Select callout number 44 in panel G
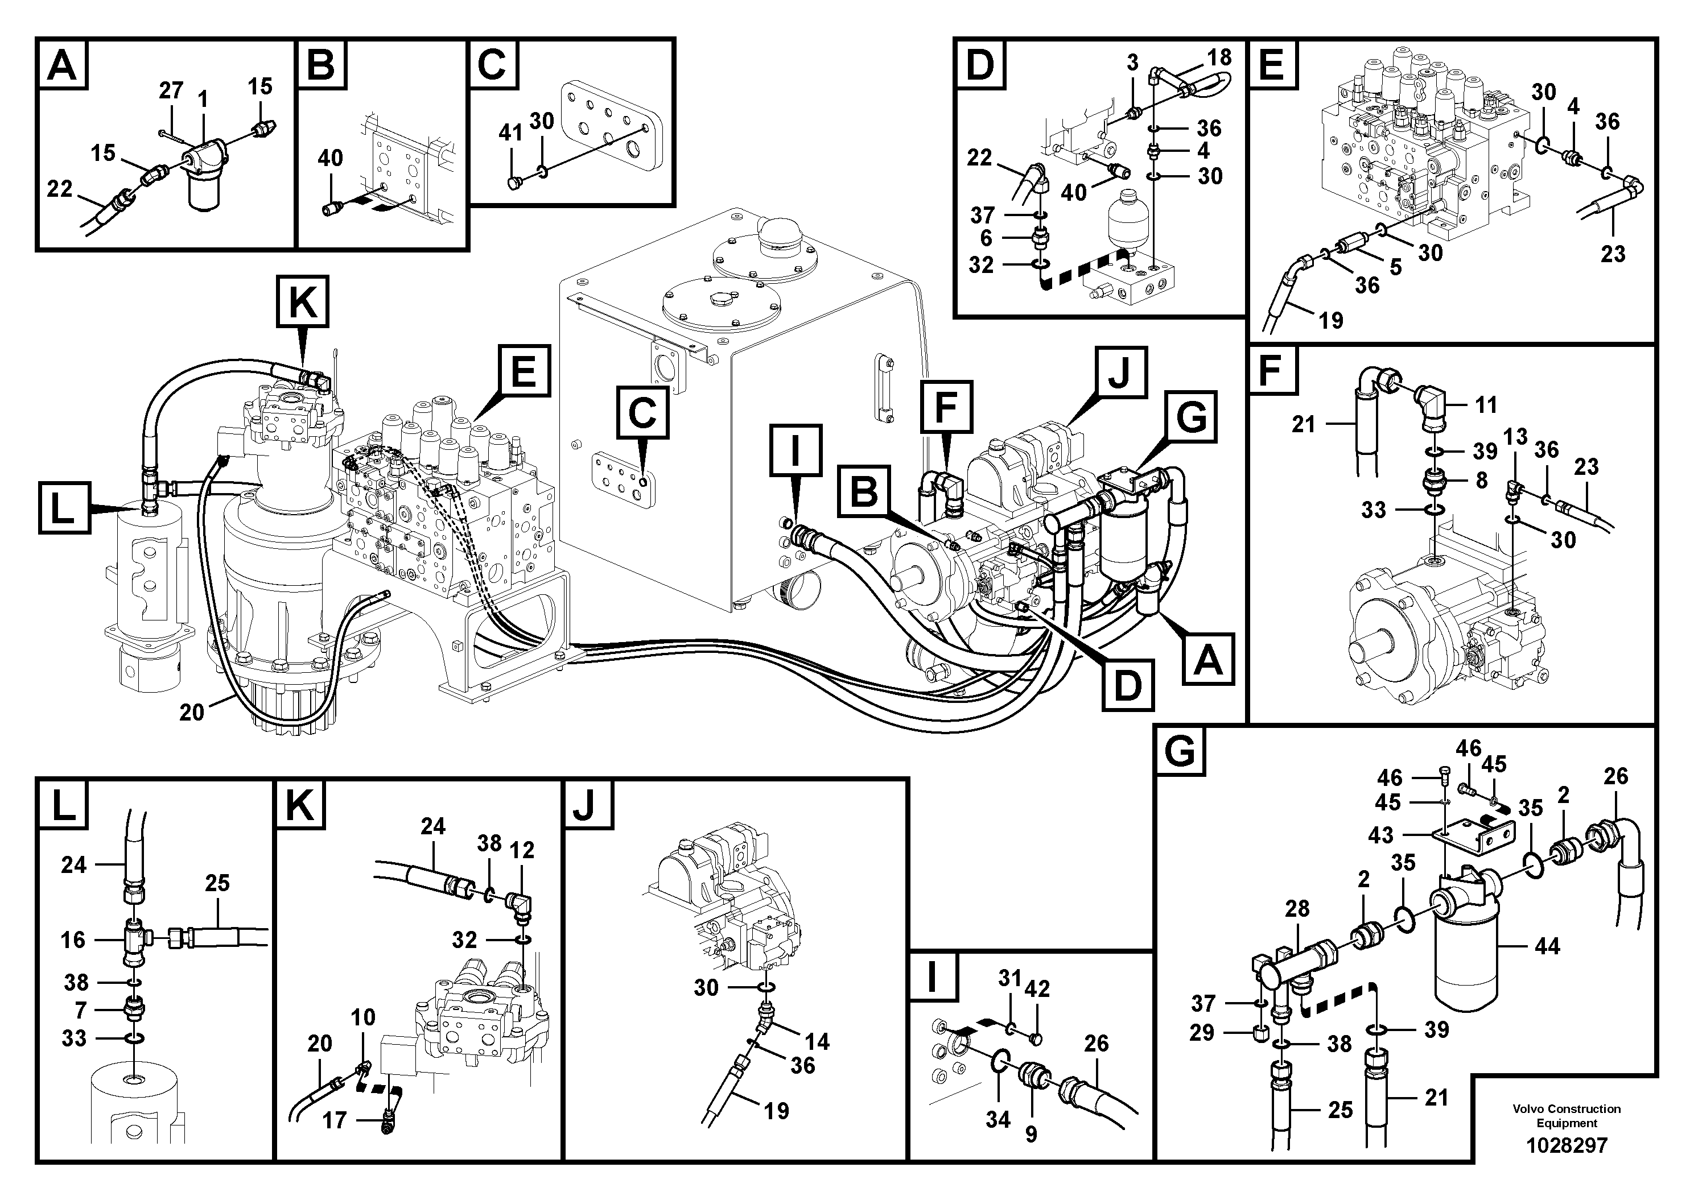pos(1547,946)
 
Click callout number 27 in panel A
pos(171,90)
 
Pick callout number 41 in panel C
pos(510,133)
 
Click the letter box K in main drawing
pos(303,301)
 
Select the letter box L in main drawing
pos(64,508)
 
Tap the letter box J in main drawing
pos(1120,373)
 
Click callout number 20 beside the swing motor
pos(192,712)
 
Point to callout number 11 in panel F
pos(1486,404)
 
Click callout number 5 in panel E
pos(1395,267)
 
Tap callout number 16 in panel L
pos(73,940)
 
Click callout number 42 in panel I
pos(1037,989)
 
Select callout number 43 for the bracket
pos(1380,835)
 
